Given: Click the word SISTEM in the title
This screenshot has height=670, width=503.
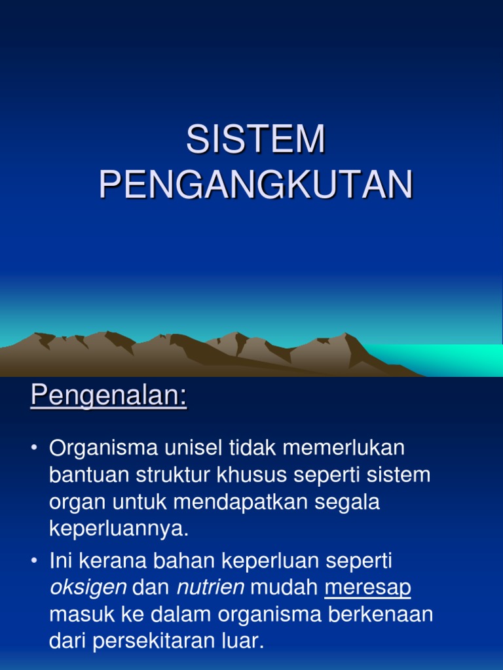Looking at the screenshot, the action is tap(255, 139).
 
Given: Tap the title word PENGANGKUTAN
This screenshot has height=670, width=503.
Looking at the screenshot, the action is tap(256, 185).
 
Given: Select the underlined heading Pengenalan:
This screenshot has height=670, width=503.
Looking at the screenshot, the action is tap(109, 395).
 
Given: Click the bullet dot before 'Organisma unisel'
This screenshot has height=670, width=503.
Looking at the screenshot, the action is tap(34, 448).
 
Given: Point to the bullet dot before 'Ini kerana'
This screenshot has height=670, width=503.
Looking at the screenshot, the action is tap(34, 560).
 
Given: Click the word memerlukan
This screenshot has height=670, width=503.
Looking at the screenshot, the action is tap(343, 448).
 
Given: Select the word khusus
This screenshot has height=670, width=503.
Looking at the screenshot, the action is tap(251, 475).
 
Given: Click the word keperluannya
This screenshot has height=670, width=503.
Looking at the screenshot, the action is tap(119, 529).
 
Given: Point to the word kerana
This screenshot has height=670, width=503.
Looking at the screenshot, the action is tap(113, 560).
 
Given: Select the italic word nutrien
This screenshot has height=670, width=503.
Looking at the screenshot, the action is tap(210, 587).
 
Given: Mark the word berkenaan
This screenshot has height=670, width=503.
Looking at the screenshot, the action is tap(381, 614).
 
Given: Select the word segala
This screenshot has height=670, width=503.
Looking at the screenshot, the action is tap(347, 502).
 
